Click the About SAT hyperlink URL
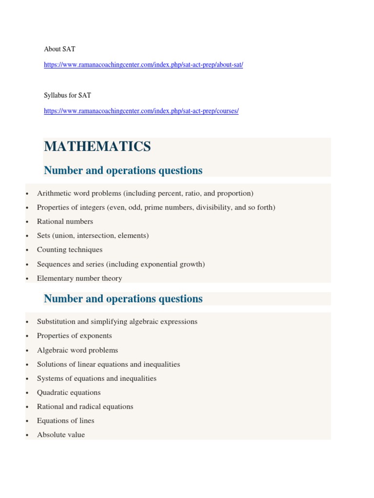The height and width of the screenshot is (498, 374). pos(143,65)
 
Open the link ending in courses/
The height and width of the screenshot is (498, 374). pos(141,111)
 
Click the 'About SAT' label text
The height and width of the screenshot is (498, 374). pos(59,49)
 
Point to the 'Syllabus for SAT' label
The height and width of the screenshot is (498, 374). pos(67,95)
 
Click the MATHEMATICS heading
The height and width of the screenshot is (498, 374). pos(97,146)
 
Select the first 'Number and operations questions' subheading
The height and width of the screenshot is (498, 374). pos(123,170)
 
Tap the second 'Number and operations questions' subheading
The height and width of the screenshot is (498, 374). pos(123,299)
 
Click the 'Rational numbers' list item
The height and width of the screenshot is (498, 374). pos(65,221)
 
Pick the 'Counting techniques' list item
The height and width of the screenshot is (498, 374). pos(70,249)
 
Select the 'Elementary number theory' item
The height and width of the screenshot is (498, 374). pos(79,278)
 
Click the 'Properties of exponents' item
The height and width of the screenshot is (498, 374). pos(75,336)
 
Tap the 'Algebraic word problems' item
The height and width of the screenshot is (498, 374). pos(77,350)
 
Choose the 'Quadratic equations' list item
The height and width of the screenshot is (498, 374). pos(69,392)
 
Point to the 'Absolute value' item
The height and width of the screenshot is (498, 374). pos(61,435)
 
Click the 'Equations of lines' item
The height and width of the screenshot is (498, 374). pos(66,421)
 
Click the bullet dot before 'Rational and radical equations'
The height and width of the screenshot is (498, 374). pos(26,407)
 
